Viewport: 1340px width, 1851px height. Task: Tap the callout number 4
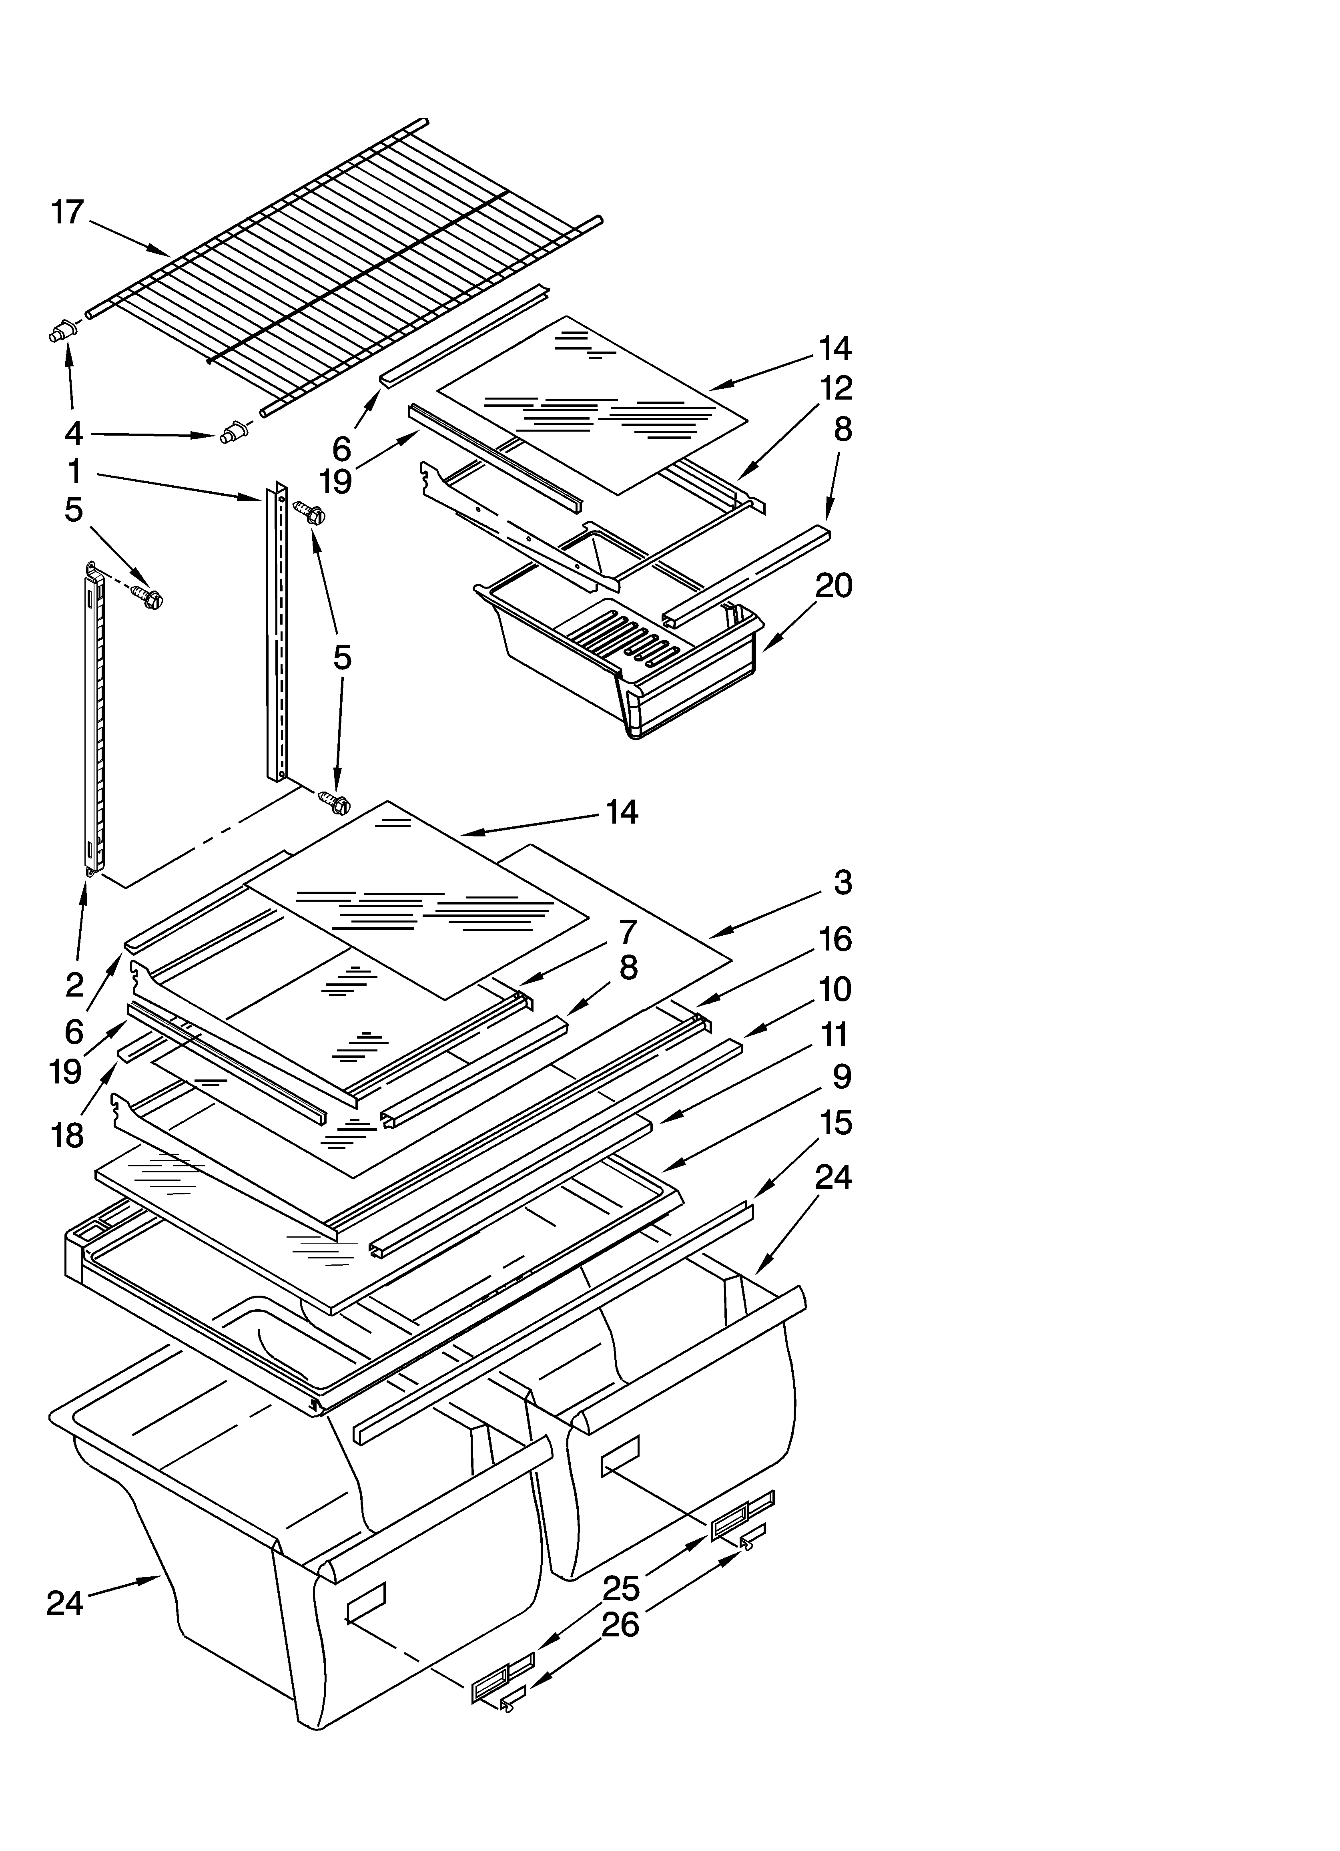74,434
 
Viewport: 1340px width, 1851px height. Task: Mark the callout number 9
841,1077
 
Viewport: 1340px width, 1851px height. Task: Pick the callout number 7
628,931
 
